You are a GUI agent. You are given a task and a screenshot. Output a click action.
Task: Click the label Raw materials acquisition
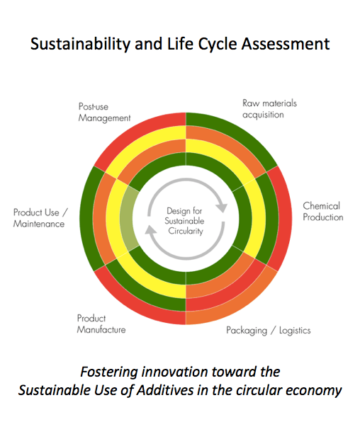click(x=270, y=109)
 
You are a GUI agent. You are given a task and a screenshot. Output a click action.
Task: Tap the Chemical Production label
click(x=323, y=212)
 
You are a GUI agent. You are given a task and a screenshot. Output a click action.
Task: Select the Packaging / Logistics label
click(x=269, y=331)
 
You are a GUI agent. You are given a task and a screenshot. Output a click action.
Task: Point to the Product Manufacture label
click(x=101, y=324)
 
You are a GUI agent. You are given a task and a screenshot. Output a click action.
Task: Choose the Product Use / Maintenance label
click(x=40, y=218)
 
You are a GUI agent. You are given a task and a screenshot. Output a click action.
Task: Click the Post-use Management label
click(x=104, y=112)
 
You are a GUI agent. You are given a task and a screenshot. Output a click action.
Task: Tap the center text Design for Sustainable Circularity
click(x=184, y=221)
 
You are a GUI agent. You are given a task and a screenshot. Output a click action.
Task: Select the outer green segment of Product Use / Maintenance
click(x=87, y=219)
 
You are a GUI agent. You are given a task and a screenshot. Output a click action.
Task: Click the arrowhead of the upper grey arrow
click(x=222, y=207)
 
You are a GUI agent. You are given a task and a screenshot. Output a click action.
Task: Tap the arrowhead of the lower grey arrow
click(x=150, y=230)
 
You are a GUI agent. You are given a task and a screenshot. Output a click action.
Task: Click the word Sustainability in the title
click(x=80, y=45)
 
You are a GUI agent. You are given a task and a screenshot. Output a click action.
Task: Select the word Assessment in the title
click(x=286, y=44)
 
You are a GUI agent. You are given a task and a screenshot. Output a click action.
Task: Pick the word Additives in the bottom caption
click(x=165, y=391)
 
